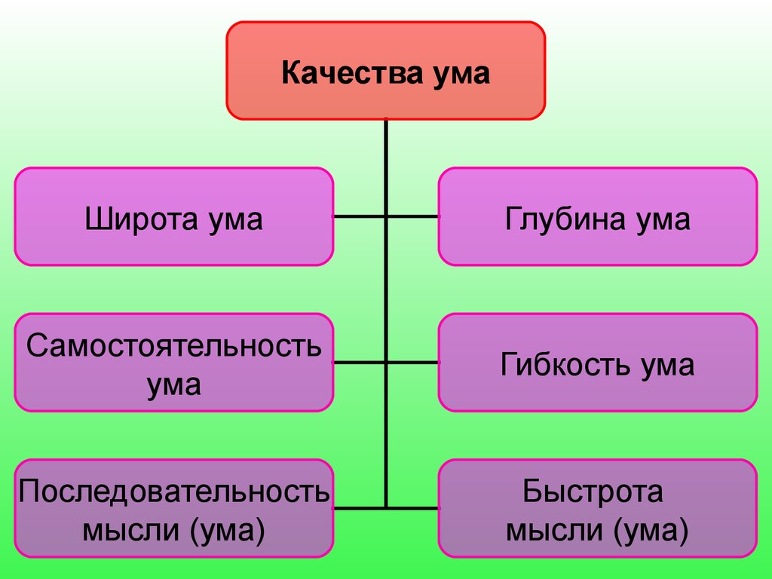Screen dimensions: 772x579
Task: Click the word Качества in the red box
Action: point(352,73)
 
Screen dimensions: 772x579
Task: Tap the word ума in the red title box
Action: point(461,75)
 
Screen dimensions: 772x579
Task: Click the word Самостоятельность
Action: point(174,345)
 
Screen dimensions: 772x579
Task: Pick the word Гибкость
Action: point(565,364)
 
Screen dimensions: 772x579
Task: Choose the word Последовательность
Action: point(174,492)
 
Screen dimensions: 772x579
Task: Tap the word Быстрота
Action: point(593,492)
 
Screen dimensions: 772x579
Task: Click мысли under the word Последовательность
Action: point(130,531)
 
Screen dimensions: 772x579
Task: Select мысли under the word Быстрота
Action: point(554,531)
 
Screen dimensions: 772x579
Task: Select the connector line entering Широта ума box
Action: point(360,216)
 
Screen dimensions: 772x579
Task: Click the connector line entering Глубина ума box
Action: point(412,216)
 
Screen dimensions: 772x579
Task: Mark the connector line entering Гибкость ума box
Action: point(412,363)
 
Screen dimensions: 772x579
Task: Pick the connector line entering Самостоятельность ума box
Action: point(360,363)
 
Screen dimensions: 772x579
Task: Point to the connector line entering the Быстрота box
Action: point(412,507)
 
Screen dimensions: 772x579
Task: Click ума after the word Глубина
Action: point(663,222)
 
